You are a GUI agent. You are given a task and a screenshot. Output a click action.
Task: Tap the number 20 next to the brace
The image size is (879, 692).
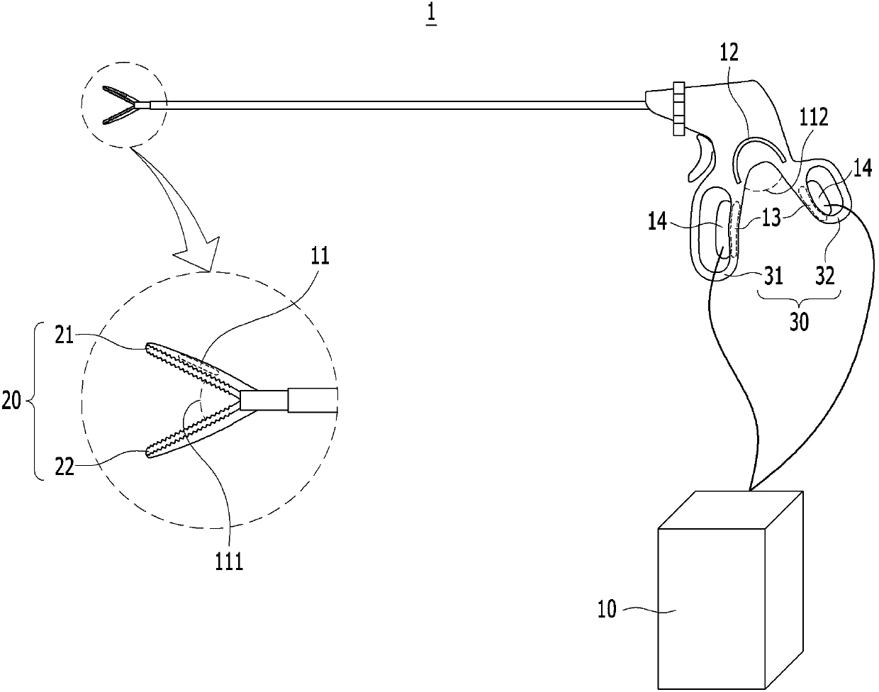(x=12, y=403)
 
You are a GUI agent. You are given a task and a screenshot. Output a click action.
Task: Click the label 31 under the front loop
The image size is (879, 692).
(x=773, y=275)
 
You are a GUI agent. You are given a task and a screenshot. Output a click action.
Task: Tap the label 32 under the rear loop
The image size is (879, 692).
(x=825, y=275)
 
